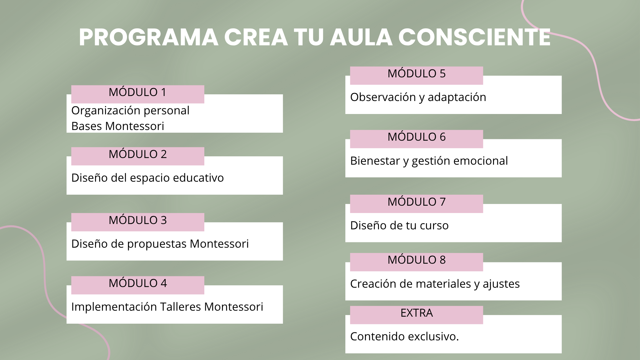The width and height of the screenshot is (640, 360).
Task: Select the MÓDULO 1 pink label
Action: (x=138, y=94)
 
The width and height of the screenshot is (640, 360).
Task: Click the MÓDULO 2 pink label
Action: (x=138, y=156)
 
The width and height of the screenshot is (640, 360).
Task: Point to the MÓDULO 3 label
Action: (x=138, y=222)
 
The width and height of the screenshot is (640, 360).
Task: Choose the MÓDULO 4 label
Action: (x=138, y=285)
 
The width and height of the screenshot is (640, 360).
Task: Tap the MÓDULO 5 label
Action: (x=416, y=75)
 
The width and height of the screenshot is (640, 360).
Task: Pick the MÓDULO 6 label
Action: (x=416, y=139)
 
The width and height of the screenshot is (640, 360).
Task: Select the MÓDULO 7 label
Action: (x=416, y=204)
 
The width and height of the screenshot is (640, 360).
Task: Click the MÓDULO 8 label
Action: (x=416, y=262)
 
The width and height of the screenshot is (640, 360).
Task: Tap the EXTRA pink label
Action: (x=416, y=315)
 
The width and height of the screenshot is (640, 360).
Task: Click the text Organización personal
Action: (x=130, y=111)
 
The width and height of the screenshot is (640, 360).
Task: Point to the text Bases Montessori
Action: (x=118, y=126)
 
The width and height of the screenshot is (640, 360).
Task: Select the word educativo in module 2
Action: (x=199, y=178)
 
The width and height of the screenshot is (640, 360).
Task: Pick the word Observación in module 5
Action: (x=379, y=97)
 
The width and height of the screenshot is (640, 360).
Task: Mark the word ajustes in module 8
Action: (x=501, y=284)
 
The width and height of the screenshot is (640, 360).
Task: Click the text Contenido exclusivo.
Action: (x=405, y=336)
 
